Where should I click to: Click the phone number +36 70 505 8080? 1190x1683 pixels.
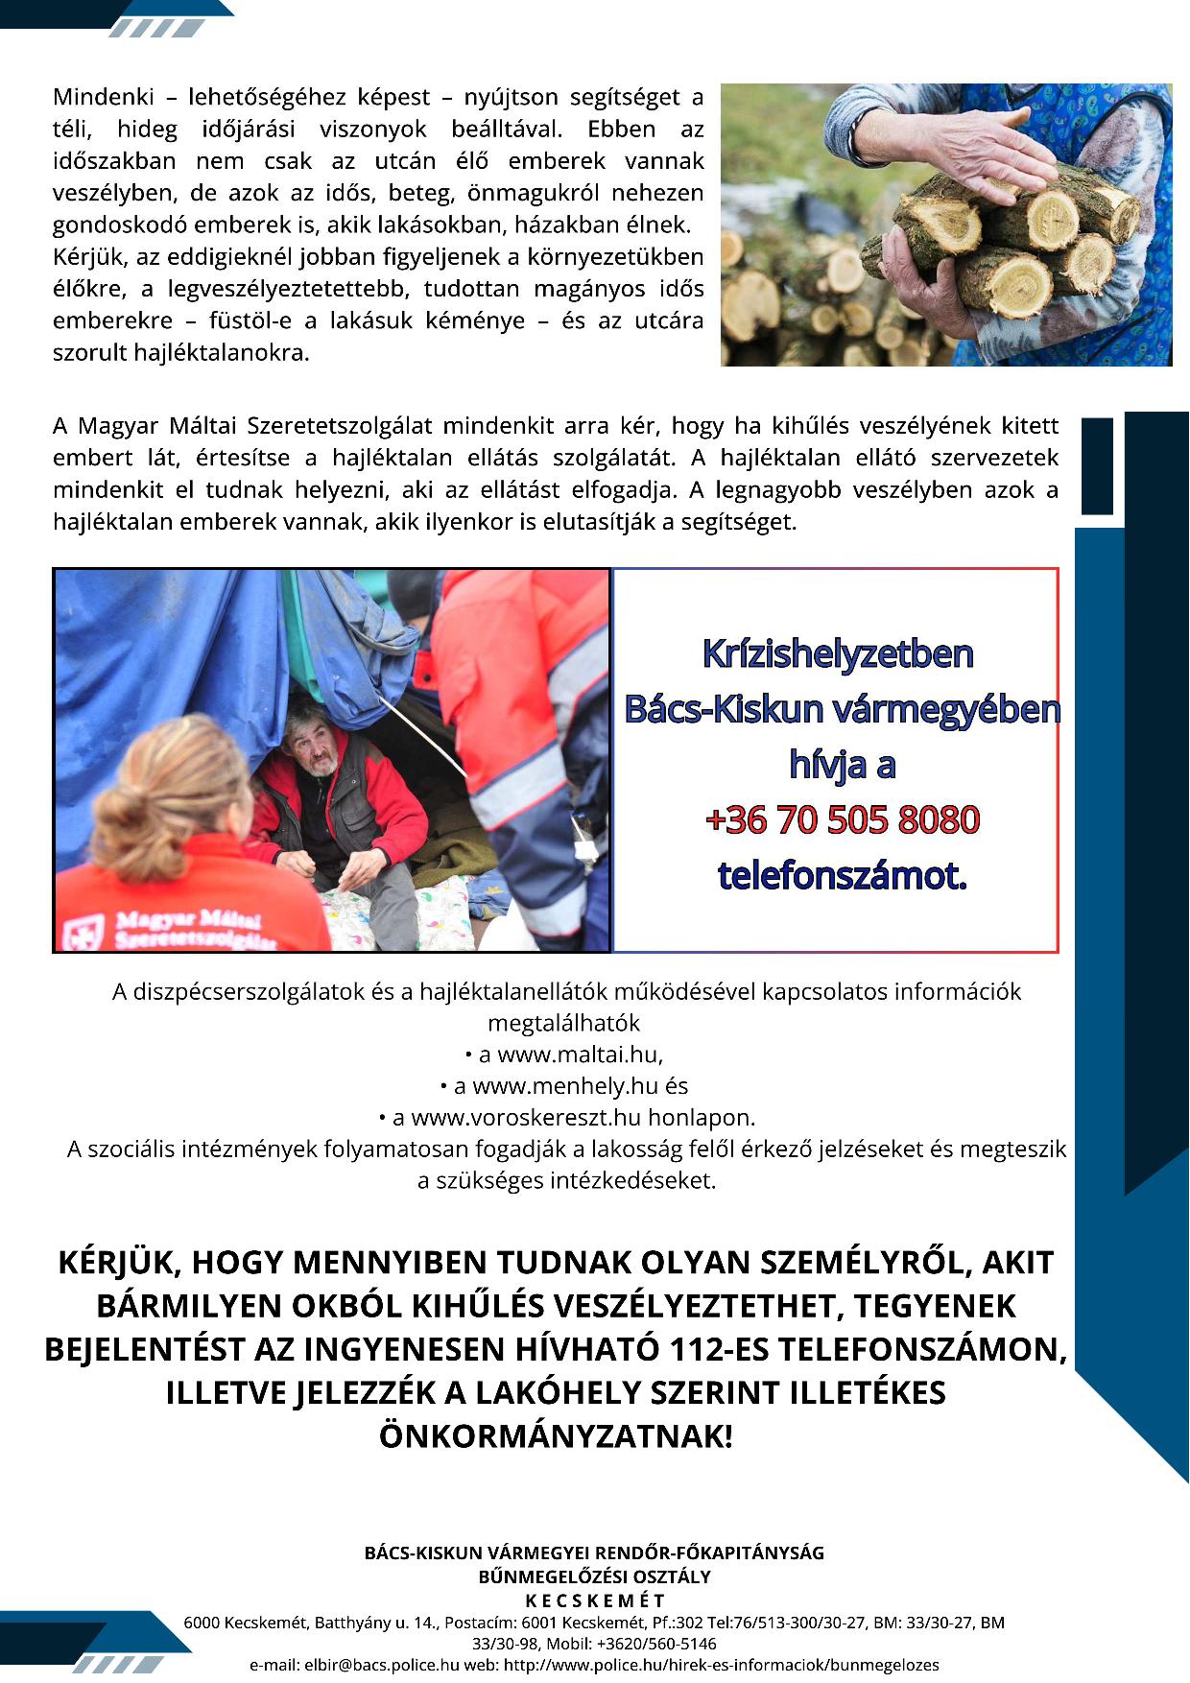click(x=842, y=820)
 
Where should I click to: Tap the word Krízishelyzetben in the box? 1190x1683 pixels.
click(x=838, y=654)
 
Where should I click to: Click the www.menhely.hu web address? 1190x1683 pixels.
click(x=565, y=1086)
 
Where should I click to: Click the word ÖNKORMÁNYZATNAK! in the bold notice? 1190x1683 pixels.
click(x=556, y=1436)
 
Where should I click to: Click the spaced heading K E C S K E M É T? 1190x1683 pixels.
click(x=595, y=1600)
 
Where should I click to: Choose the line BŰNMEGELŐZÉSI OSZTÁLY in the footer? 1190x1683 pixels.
click(x=595, y=1576)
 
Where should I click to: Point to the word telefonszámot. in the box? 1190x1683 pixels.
click(x=842, y=876)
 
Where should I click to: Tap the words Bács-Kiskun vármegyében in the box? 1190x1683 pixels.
click(x=842, y=710)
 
